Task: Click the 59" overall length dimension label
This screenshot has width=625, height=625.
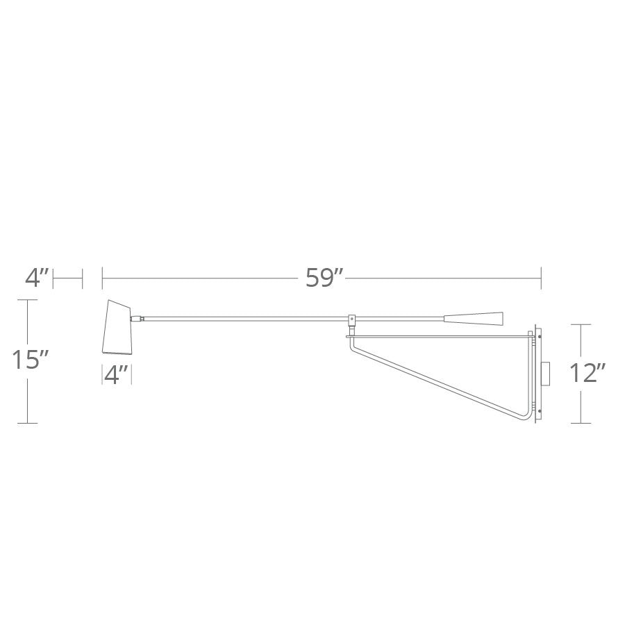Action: tap(325, 278)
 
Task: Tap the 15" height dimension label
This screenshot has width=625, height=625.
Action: tap(30, 361)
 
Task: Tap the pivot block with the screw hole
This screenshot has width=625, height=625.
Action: tap(352, 319)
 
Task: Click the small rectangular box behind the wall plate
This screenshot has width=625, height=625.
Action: tap(547, 373)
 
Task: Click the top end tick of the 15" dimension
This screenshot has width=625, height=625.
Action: tap(27, 300)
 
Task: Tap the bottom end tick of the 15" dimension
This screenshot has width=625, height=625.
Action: tap(27, 423)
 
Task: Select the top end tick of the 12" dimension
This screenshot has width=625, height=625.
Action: tap(581, 324)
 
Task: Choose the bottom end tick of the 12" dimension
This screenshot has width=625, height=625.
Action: tap(581, 423)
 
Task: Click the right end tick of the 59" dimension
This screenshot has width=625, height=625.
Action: tap(541, 278)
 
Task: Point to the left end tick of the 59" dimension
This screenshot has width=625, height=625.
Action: tap(103, 278)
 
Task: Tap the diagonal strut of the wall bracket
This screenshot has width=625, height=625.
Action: tap(437, 378)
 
